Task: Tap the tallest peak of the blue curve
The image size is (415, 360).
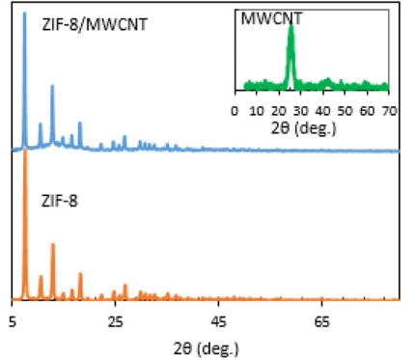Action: click(24, 14)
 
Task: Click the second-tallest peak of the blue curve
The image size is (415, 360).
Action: click(52, 87)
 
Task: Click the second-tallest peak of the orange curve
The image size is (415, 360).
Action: click(52, 245)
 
